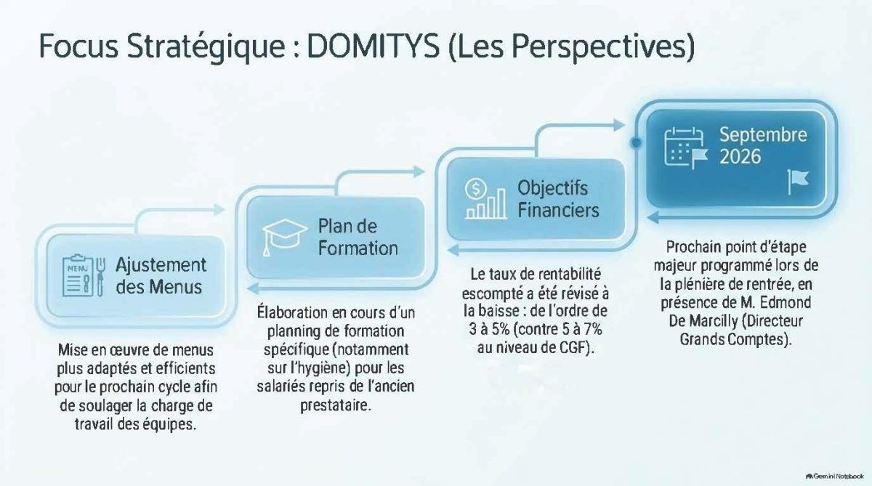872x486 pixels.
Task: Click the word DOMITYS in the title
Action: pyautogui.click(x=374, y=46)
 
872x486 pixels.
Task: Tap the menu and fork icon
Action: pyautogui.click(x=84, y=276)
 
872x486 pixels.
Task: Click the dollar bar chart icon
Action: pyautogui.click(x=485, y=198)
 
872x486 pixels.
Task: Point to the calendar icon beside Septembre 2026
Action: pyautogui.click(x=686, y=149)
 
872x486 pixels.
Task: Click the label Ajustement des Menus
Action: pyautogui.click(x=161, y=276)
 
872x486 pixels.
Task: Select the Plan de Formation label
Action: pyautogui.click(x=358, y=237)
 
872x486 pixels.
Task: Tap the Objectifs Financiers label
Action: pyautogui.click(x=558, y=199)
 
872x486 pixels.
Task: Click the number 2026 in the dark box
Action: pyautogui.click(x=740, y=156)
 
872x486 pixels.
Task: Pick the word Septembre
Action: pyautogui.click(x=763, y=135)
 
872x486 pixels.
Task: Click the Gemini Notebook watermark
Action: pyautogui.click(x=834, y=477)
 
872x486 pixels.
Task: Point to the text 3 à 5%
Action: pyautogui.click(x=489, y=330)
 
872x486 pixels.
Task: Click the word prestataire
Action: pyautogui.click(x=336, y=405)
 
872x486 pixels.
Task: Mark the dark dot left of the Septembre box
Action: pyautogui.click(x=636, y=143)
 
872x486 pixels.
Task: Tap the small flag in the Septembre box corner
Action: pyautogui.click(x=798, y=182)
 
